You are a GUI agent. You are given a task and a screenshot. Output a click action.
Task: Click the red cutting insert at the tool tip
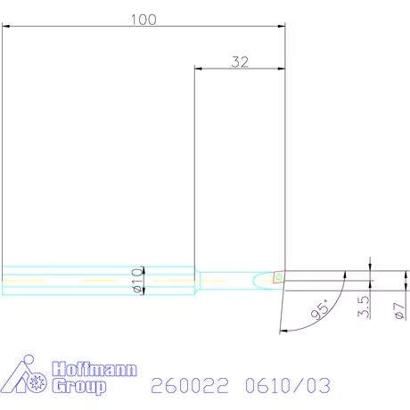[x=279, y=277]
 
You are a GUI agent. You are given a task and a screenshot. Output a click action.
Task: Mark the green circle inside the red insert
[x=279, y=277]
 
